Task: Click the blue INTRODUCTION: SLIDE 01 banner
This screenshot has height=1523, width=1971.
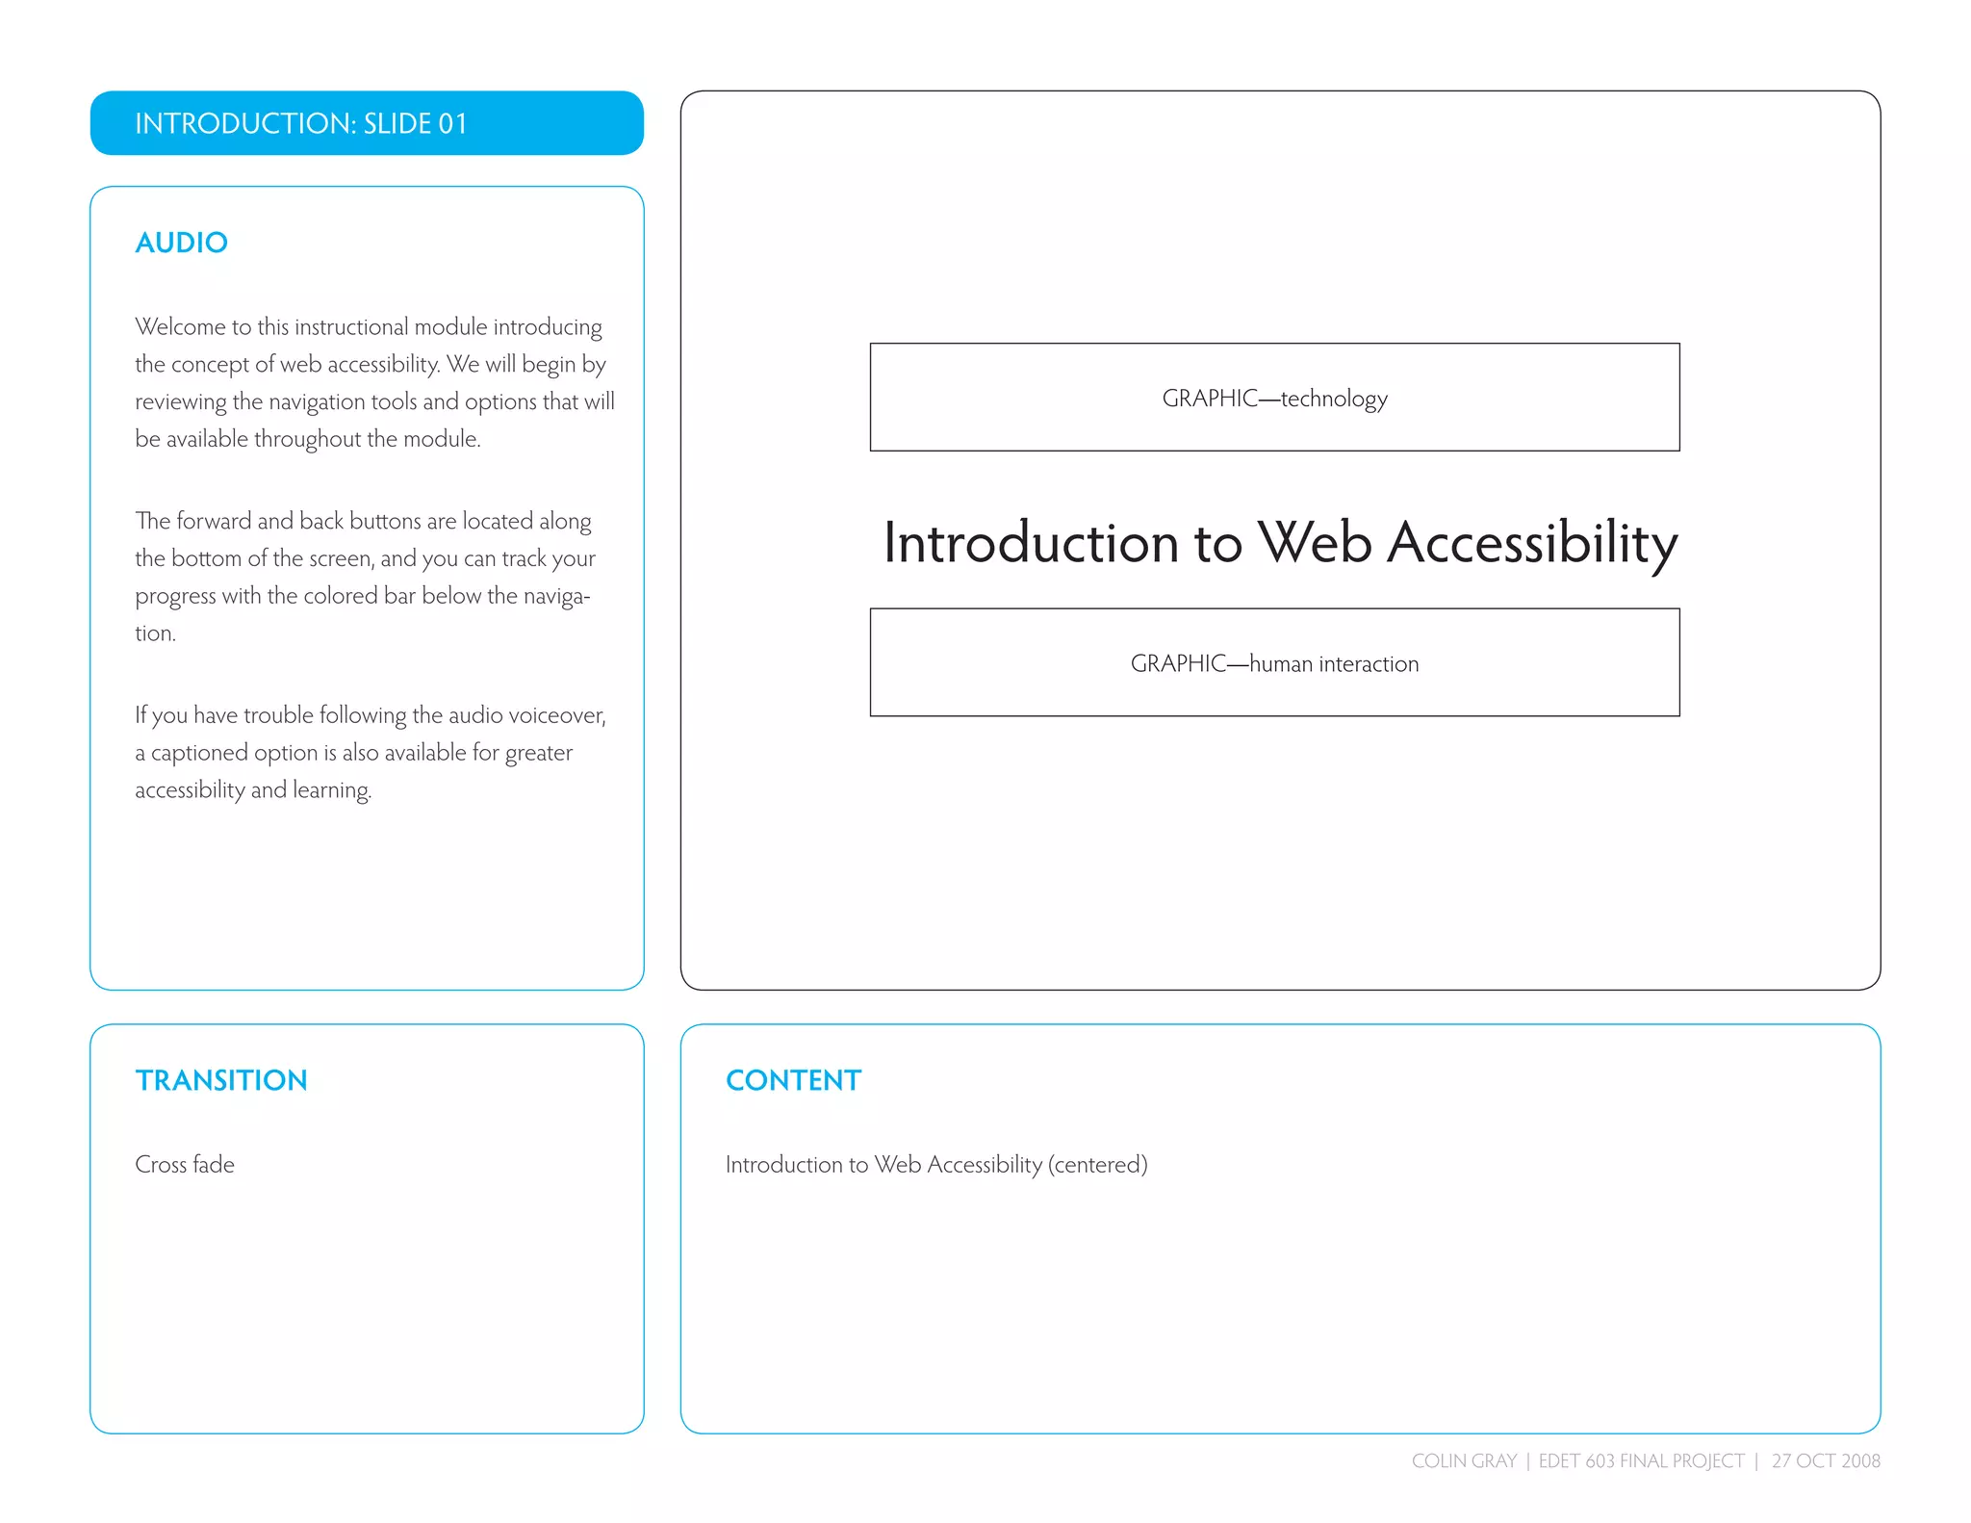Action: pos(367,123)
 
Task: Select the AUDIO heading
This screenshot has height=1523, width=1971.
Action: pos(181,243)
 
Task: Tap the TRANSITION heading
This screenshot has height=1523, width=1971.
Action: pos(221,1080)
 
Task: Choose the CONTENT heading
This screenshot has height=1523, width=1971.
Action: pos(793,1080)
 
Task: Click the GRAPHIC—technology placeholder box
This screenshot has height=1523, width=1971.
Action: pos(1274,398)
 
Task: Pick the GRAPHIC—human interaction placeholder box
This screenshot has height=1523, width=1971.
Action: pos(1274,662)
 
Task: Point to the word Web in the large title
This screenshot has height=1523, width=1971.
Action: pos(1315,542)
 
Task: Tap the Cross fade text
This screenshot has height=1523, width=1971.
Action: pos(185,1165)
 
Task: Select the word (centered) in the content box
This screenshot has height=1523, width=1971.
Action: pos(1098,1165)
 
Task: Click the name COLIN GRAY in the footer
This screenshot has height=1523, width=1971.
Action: pos(1464,1460)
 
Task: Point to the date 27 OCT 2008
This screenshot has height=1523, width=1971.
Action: pos(1826,1460)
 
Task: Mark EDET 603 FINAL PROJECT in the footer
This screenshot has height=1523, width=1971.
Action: pos(1641,1460)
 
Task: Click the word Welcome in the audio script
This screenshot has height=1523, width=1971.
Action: pos(180,327)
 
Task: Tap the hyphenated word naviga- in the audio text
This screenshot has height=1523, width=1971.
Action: pos(556,596)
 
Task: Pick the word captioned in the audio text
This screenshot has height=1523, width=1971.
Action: pos(199,753)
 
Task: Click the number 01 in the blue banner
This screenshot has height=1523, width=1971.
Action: pos(452,123)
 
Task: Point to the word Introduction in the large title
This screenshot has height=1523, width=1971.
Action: pos(1031,542)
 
